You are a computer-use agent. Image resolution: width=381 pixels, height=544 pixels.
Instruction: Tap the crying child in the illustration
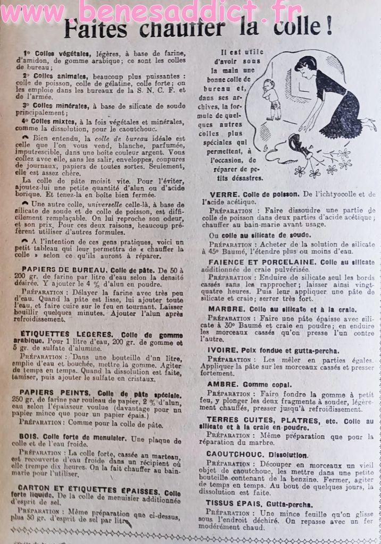271,98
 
